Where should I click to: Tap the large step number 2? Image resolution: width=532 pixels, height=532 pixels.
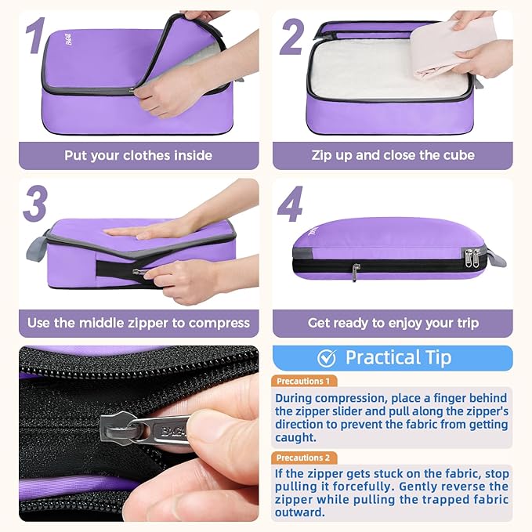click(291, 37)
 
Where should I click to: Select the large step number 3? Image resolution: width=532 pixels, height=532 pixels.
click(35, 205)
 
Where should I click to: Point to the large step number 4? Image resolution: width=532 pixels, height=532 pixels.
click(291, 205)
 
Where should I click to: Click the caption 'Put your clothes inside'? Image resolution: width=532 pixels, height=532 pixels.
click(138, 155)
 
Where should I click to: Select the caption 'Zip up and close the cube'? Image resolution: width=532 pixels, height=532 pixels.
click(393, 155)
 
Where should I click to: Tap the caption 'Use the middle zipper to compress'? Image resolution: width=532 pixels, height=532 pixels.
click(138, 323)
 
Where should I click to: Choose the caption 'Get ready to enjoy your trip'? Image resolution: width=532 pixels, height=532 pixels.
click(393, 323)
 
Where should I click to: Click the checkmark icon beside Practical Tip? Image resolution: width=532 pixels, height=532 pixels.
click(327, 358)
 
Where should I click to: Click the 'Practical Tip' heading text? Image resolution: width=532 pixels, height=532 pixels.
click(398, 358)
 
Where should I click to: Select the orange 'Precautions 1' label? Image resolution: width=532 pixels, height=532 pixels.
click(305, 382)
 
